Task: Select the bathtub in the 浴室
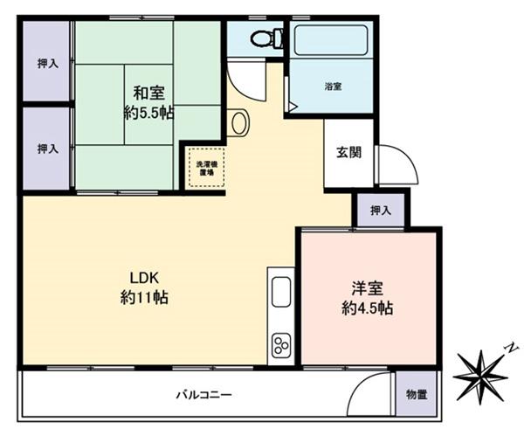click(331, 39)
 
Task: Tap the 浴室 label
click(333, 87)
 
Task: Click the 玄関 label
click(348, 153)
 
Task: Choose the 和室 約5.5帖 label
click(149, 102)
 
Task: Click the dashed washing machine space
click(206, 167)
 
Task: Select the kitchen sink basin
click(281, 292)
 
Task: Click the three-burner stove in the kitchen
click(281, 345)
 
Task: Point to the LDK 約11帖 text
click(144, 287)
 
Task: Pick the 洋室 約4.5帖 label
click(367, 298)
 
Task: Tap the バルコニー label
click(203, 395)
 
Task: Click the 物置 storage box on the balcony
click(417, 395)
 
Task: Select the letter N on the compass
click(511, 349)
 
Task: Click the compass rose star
click(481, 377)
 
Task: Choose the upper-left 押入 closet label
click(48, 63)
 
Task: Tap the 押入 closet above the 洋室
click(381, 211)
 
